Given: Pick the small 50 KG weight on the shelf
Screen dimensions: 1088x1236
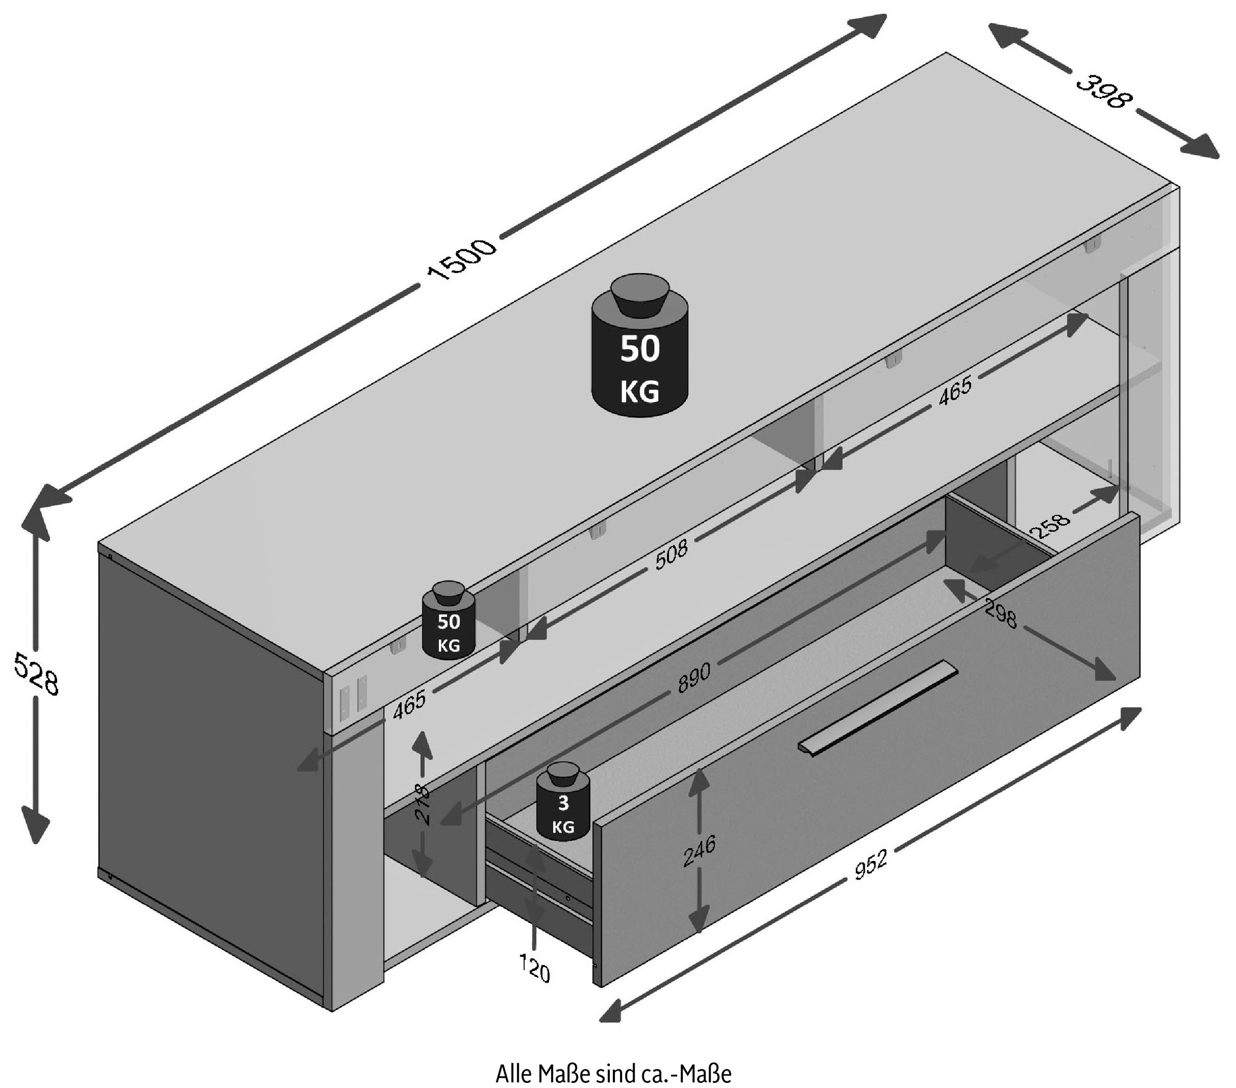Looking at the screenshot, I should click(x=449, y=621).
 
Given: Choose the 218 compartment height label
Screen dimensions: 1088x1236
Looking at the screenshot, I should click(x=423, y=804).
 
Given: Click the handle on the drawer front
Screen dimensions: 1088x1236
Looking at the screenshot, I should click(x=878, y=708).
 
